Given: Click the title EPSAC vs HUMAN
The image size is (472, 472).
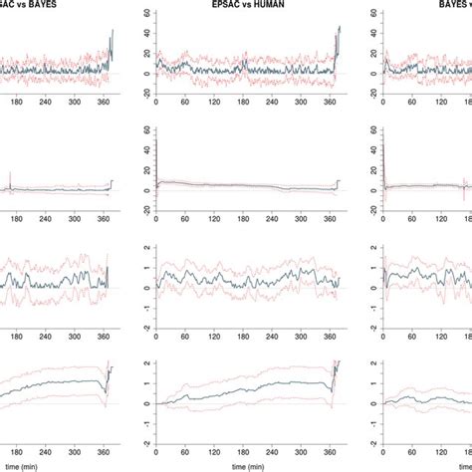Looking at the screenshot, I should pos(248,5).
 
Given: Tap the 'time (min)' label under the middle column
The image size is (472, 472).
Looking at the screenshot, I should pos(248,465).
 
